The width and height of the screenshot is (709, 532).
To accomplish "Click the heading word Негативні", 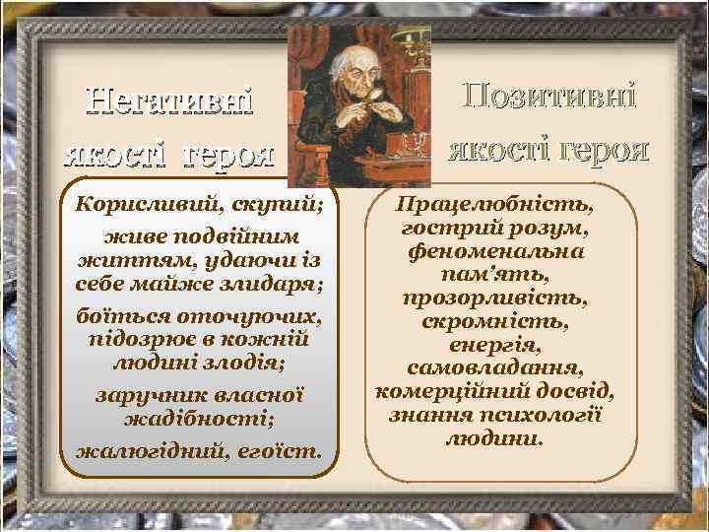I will pyautogui.click(x=168, y=101).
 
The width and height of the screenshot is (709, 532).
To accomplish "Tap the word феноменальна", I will pyautogui.click(x=493, y=250).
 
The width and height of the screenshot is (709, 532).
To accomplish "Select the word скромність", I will pyautogui.click(x=493, y=321).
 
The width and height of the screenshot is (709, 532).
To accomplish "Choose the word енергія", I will pyautogui.click(x=493, y=345).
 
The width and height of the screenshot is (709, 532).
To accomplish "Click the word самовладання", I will pyautogui.click(x=493, y=367).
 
